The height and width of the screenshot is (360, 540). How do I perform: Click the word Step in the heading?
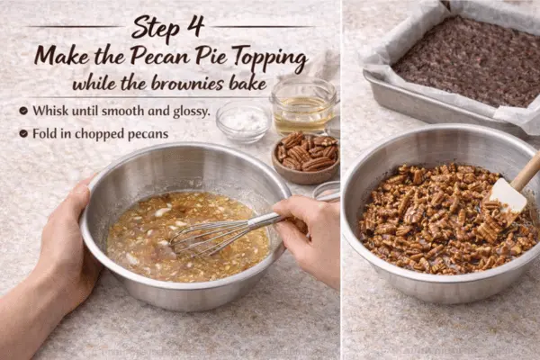(x=155, y=27)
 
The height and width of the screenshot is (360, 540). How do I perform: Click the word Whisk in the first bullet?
(x=51, y=111)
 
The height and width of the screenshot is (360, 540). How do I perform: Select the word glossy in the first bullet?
(x=188, y=112)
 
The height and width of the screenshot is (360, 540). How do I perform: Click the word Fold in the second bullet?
(x=48, y=134)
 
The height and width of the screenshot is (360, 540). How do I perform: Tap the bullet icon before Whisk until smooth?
(x=22, y=111)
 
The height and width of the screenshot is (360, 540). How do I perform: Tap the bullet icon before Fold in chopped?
(x=22, y=134)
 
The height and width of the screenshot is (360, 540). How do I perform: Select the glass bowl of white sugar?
(x=242, y=121)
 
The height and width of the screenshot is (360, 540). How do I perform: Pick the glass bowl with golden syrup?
(x=302, y=107)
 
